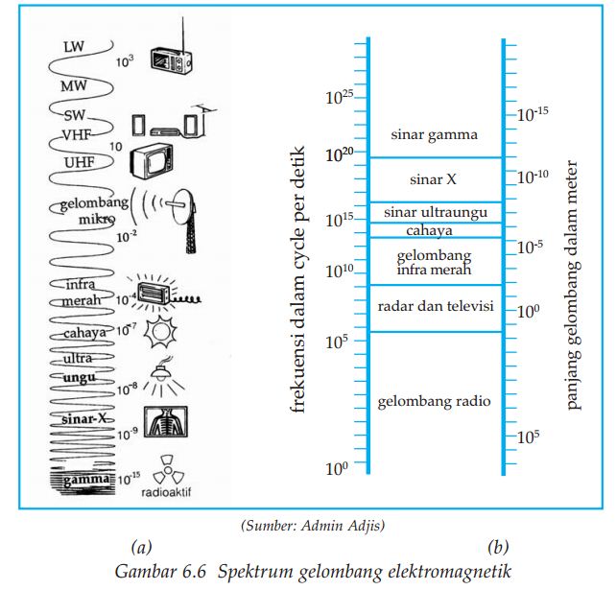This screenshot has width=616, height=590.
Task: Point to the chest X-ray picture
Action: tap(165, 423)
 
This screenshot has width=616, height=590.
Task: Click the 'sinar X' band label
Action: tap(433, 179)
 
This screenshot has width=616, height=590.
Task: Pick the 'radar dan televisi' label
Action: tap(436, 306)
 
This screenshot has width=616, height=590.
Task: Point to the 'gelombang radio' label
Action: tap(435, 400)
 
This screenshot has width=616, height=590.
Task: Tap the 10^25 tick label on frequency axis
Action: tap(340, 97)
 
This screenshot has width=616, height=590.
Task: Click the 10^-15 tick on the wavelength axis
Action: tap(533, 114)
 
